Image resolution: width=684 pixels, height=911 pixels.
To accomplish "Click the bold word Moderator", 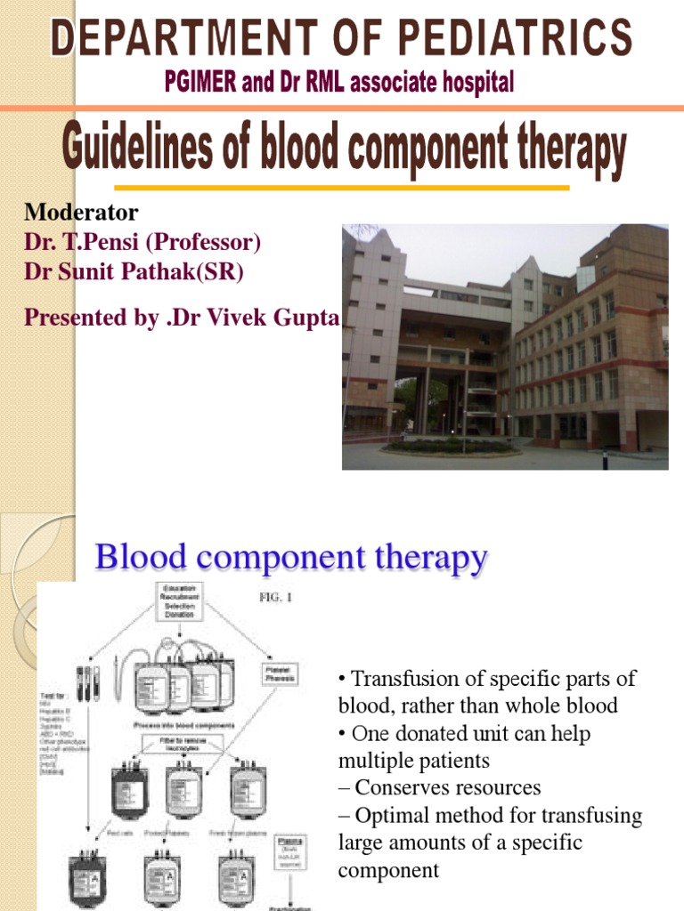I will (x=81, y=213).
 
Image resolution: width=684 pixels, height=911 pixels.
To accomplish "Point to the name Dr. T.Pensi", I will (x=80, y=242).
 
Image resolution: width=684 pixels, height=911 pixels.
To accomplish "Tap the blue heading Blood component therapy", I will (x=291, y=559).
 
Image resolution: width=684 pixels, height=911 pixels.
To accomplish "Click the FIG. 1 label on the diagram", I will (x=275, y=598).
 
